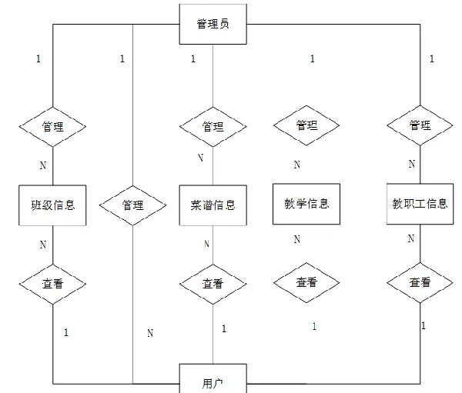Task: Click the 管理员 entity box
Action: (212, 25)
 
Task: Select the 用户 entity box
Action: (212, 381)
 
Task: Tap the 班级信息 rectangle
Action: (52, 205)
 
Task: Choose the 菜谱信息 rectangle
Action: (213, 205)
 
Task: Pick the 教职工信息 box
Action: (420, 204)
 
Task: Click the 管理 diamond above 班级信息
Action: (52, 125)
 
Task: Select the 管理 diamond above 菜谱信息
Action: (213, 125)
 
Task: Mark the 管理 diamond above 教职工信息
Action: (420, 125)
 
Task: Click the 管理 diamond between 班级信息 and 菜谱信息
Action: (133, 205)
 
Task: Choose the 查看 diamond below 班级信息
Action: (52, 283)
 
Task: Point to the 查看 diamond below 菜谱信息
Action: (213, 283)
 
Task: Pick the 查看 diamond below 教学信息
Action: (306, 282)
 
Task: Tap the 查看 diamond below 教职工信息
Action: (420, 282)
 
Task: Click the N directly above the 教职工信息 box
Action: (411, 164)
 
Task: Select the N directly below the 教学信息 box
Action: (296, 239)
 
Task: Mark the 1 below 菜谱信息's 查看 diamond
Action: (224, 328)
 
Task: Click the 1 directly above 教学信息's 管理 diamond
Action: (312, 58)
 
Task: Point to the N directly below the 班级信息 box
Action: (43, 245)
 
